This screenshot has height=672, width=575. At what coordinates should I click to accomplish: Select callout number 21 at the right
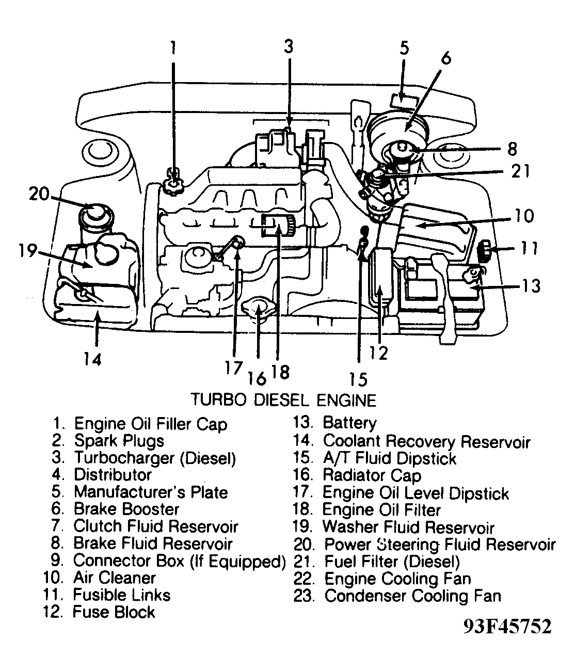[519, 171]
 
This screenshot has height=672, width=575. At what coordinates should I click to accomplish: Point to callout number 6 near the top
[445, 57]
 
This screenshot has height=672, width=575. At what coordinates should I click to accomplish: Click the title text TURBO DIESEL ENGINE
[283, 400]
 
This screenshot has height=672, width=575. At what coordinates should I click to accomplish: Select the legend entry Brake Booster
[126, 509]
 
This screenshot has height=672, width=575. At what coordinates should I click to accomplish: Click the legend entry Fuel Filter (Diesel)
[392, 562]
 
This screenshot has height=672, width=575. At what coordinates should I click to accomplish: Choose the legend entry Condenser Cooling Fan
[412, 596]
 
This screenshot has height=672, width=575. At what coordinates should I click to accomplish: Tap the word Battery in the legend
[349, 423]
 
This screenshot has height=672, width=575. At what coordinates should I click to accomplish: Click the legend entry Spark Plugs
[119, 441]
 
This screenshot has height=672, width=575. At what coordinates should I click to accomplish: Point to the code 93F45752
[507, 627]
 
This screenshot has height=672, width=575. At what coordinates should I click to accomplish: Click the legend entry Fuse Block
[114, 613]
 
